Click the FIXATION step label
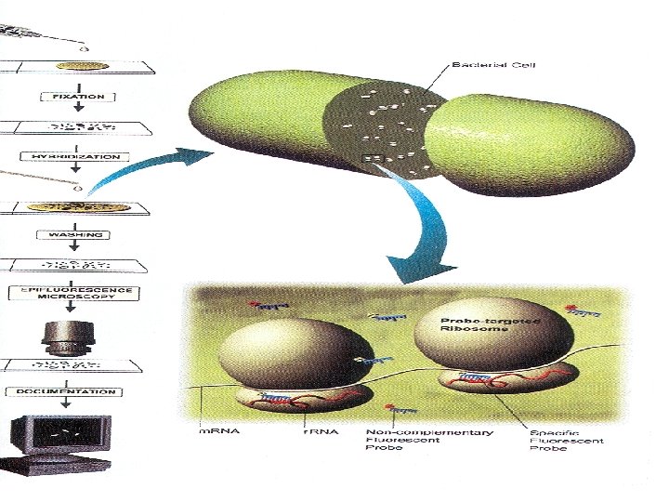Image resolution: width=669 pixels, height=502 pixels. (x=78, y=96)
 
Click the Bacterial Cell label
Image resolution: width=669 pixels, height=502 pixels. (x=492, y=65)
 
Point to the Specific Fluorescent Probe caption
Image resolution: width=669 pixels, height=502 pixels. (x=566, y=441)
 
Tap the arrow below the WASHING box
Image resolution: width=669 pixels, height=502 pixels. (x=78, y=247)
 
